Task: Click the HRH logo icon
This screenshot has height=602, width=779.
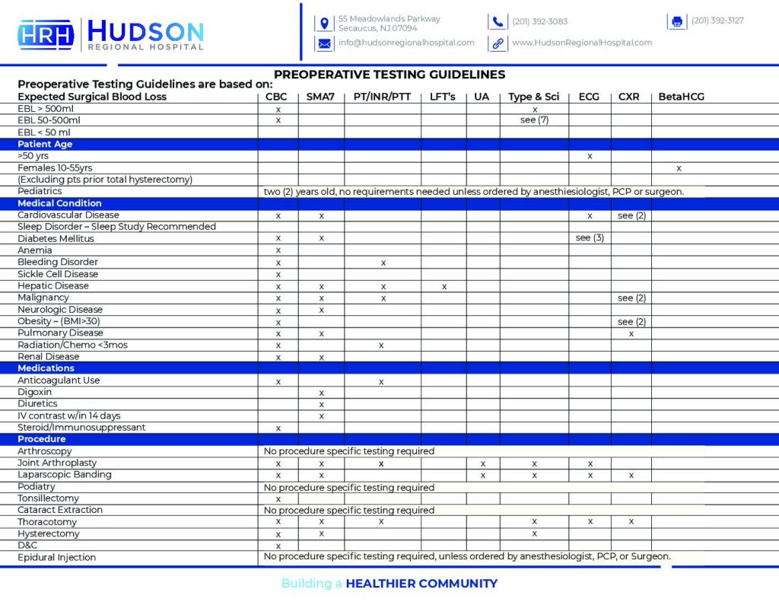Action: tap(46, 35)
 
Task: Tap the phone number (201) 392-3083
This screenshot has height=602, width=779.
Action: tap(539, 21)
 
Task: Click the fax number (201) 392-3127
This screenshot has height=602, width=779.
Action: tap(717, 21)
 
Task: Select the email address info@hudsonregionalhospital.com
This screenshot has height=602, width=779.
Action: tap(406, 43)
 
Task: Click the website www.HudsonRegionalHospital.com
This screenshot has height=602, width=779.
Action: tap(582, 43)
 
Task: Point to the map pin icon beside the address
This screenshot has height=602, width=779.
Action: tap(324, 23)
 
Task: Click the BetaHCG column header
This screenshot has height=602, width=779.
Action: tap(682, 97)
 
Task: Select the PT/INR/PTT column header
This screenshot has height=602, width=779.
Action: tap(382, 97)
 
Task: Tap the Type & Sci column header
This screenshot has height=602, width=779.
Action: tap(533, 97)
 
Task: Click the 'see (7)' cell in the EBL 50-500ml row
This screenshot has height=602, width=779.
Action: tap(534, 120)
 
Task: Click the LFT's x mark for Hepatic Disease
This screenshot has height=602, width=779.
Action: tap(444, 286)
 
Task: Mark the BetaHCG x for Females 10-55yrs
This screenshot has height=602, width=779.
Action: tap(679, 168)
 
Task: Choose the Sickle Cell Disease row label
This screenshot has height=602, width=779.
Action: tap(58, 274)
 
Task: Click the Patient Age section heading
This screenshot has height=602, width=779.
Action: tap(45, 144)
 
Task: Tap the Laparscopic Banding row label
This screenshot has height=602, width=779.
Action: tap(65, 475)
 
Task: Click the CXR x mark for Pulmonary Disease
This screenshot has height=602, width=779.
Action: tap(631, 333)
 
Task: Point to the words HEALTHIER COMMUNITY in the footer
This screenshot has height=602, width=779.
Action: tap(421, 584)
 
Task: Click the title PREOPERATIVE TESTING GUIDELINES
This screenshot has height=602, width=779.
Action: tap(389, 75)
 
